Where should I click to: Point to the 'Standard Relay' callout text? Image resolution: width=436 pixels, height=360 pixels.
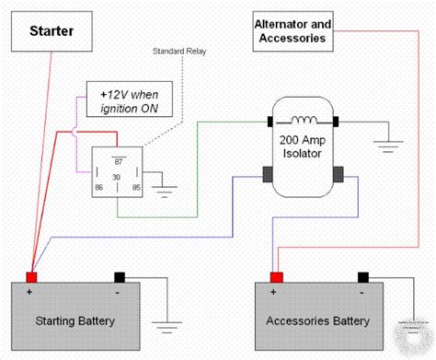[179, 51]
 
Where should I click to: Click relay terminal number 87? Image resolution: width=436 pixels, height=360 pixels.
[119, 162]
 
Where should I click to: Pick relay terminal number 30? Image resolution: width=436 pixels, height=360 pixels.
[116, 177]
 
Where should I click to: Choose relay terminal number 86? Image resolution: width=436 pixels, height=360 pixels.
[98, 187]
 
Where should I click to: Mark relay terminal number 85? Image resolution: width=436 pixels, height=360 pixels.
[136, 187]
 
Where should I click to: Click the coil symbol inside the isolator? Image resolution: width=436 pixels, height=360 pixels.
[304, 120]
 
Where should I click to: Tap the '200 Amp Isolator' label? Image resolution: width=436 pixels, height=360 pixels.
[303, 146]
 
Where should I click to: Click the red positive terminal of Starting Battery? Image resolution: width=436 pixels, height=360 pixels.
[31, 277]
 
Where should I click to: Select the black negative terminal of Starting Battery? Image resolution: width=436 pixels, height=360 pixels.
[120, 277]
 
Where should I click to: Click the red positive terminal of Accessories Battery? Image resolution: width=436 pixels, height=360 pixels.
[277, 277]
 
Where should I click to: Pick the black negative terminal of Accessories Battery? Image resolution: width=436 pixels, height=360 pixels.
[363, 277]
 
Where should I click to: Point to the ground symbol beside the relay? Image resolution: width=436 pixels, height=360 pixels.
[164, 192]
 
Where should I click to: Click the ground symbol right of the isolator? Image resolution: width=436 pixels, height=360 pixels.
[388, 146]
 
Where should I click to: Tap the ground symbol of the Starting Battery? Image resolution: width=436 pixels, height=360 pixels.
[167, 328]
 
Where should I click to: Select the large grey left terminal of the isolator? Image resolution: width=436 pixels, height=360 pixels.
[268, 174]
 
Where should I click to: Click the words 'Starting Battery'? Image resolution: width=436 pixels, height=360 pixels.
[75, 321]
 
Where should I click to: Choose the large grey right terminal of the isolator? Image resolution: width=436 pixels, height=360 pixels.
[338, 174]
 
